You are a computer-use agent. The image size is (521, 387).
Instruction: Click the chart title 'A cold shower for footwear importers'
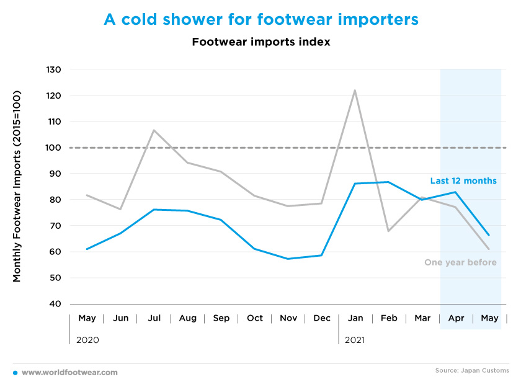tap(261, 19)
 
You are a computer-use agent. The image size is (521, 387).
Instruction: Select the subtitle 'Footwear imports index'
tap(261, 42)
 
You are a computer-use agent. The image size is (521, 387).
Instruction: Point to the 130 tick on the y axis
tap(53, 69)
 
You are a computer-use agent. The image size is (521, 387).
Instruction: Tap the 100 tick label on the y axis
tap(53, 148)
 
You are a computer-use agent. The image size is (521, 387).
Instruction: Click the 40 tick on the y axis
tap(54, 304)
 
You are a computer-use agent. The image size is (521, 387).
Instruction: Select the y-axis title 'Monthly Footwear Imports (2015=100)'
tap(17, 186)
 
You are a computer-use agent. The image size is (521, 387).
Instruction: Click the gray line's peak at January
tap(355, 90)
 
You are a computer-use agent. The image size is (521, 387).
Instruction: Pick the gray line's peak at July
tap(154, 130)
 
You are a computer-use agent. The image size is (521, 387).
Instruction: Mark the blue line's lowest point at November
tap(288, 259)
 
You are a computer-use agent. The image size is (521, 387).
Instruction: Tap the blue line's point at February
tap(388, 182)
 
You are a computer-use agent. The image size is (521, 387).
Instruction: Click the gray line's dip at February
tap(388, 231)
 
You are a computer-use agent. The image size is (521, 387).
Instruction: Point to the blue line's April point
tap(455, 192)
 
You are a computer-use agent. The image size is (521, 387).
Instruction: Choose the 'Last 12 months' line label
tap(463, 180)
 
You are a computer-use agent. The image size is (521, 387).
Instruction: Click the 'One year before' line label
tap(460, 262)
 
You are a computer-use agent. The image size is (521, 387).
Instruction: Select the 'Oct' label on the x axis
tap(255, 318)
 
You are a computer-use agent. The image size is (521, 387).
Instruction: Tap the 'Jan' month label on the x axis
tap(355, 318)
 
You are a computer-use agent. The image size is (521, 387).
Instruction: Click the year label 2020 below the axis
tap(87, 340)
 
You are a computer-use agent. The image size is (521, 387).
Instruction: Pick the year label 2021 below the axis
tap(355, 340)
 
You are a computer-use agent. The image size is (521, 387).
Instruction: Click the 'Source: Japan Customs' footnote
tap(472, 370)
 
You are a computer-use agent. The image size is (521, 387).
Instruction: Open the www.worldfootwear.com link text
tap(69, 373)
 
